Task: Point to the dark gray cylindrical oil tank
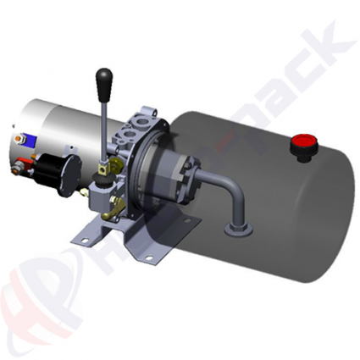(x=271, y=186)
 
